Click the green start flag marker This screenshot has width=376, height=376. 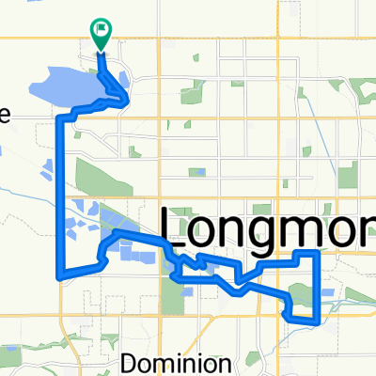point(101,32)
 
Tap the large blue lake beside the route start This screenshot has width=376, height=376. point(66,87)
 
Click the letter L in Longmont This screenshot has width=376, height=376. point(175,228)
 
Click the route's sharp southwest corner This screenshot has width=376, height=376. point(61,277)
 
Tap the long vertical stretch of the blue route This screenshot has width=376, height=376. point(63,197)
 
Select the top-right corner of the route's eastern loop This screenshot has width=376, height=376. point(321,252)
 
